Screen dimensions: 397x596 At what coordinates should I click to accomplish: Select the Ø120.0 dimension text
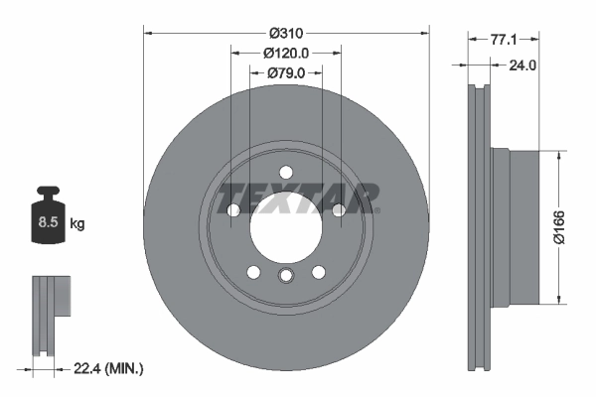click(286, 53)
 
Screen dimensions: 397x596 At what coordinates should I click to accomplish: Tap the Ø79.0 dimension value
click(286, 73)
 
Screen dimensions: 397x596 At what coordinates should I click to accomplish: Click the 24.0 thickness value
click(521, 66)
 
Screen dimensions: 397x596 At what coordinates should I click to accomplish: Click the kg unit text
click(77, 224)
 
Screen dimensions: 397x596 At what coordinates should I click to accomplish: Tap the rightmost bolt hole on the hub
click(340, 209)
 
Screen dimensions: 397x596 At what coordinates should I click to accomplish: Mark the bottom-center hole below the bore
click(286, 276)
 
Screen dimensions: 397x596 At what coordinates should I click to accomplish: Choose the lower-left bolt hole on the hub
click(253, 272)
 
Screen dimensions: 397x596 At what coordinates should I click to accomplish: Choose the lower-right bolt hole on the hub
click(319, 272)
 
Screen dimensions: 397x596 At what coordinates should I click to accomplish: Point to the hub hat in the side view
click(521, 226)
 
